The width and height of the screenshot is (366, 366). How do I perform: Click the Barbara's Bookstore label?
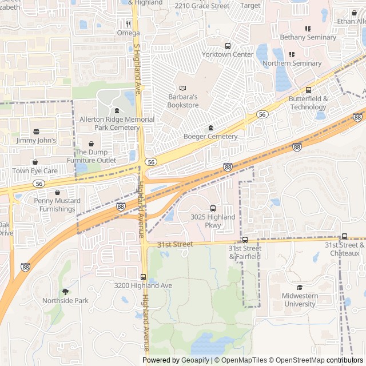coord(183,101)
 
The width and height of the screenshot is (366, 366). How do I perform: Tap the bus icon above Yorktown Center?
coord(228,46)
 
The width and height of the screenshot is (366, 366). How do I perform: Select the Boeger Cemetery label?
coord(210,137)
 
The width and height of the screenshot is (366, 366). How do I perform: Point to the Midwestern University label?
coord(300,300)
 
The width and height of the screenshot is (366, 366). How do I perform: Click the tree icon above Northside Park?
coord(65,292)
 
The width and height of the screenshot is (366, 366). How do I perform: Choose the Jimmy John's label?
coord(36,140)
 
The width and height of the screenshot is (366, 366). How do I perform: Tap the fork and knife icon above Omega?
coord(128,24)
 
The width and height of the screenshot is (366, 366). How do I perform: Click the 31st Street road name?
coord(175,244)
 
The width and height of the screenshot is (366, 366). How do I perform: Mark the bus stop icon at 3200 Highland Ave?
coord(143,277)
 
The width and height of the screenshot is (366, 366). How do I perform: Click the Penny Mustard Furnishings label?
coord(57,205)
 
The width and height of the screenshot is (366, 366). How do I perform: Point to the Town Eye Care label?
coord(35,170)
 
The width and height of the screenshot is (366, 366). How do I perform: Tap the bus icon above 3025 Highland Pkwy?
coord(213,209)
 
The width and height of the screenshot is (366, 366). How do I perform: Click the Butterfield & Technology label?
coord(308,103)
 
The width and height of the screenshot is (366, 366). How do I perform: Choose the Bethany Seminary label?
coord(308,37)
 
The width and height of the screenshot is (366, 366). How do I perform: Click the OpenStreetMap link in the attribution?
coord(296,360)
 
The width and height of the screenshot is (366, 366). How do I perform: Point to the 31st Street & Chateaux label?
coord(345,249)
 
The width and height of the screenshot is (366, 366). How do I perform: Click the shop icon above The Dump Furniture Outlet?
coord(91,144)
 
